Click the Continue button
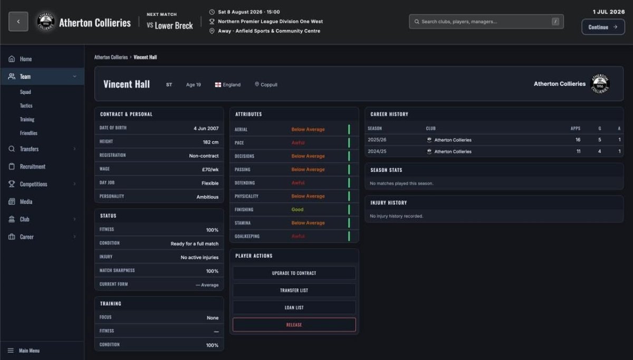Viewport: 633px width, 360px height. (x=603, y=27)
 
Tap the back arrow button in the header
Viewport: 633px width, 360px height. (x=18, y=22)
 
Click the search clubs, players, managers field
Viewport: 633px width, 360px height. (x=486, y=22)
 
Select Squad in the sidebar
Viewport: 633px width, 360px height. (x=25, y=92)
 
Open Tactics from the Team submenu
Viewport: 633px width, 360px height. (x=26, y=105)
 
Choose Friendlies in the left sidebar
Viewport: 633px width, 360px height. (x=28, y=133)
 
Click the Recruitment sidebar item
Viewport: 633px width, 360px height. (x=33, y=167)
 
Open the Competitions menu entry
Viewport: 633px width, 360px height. (x=33, y=184)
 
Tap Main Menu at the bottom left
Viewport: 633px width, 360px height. (x=29, y=351)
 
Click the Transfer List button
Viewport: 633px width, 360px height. (x=294, y=290)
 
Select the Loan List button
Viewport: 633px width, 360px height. (x=294, y=307)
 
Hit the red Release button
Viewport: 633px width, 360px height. (x=294, y=325)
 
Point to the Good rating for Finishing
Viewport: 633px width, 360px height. (x=298, y=209)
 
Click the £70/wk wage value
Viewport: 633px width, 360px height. (x=210, y=169)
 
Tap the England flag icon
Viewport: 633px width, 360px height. (x=218, y=85)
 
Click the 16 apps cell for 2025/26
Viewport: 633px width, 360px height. (x=578, y=140)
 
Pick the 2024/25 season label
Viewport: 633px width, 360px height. (x=377, y=152)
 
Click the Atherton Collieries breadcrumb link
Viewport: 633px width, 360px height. (x=111, y=57)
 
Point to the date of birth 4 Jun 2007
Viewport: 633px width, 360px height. (x=206, y=129)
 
